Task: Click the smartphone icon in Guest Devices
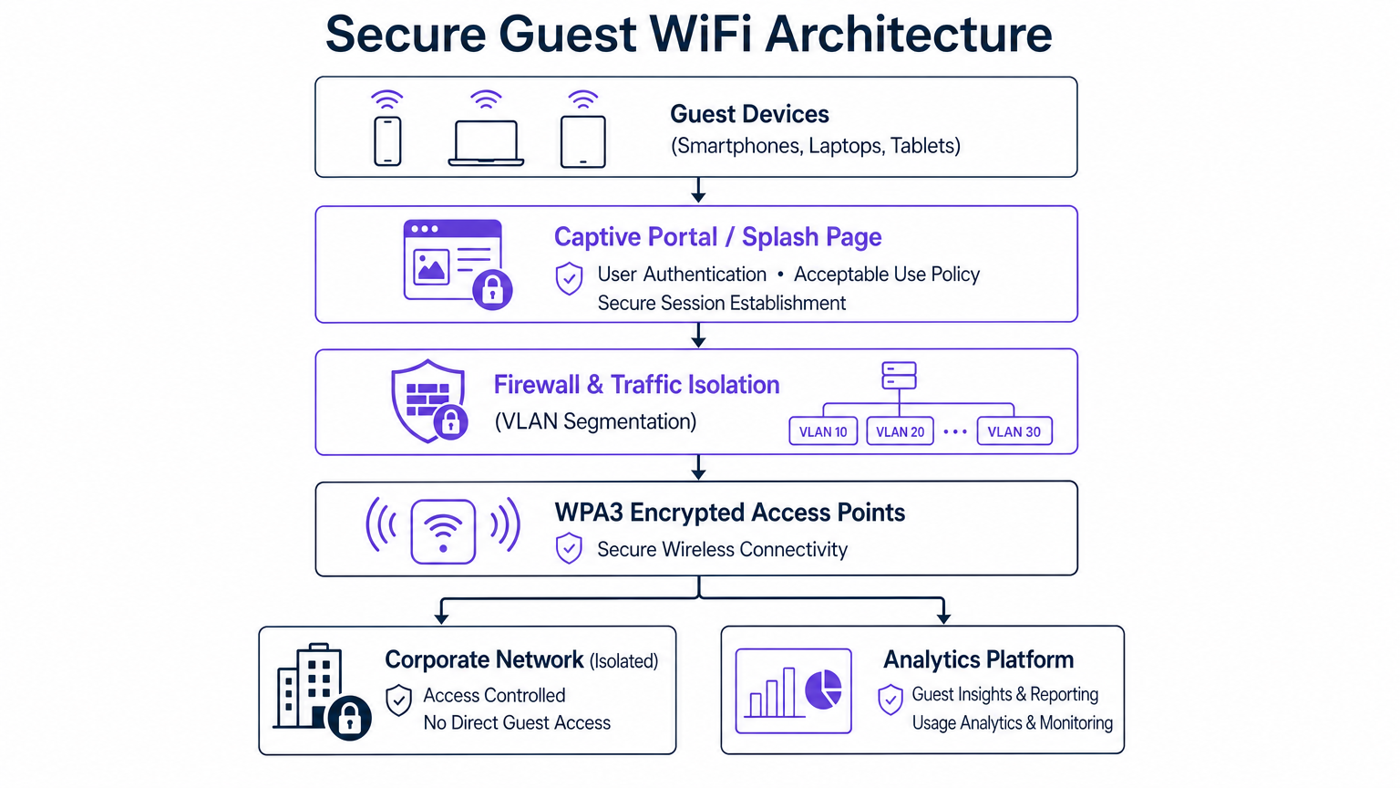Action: click(x=387, y=141)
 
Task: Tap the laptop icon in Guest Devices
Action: click(x=486, y=143)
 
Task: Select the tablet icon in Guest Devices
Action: click(x=583, y=141)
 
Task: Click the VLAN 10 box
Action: click(x=823, y=431)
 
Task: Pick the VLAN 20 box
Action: click(x=900, y=431)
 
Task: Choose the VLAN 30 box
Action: click(x=1014, y=431)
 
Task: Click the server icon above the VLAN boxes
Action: click(x=899, y=375)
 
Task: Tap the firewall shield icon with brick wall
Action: click(x=427, y=400)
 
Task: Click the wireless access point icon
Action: click(x=443, y=531)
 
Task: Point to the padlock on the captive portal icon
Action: click(x=492, y=290)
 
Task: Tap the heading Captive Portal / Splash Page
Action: click(x=717, y=237)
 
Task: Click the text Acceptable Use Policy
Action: click(x=886, y=275)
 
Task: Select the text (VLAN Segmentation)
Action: click(x=595, y=421)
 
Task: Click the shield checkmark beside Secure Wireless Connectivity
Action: click(x=569, y=548)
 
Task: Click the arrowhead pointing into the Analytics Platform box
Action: click(x=943, y=617)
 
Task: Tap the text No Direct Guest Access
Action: click(x=517, y=722)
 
